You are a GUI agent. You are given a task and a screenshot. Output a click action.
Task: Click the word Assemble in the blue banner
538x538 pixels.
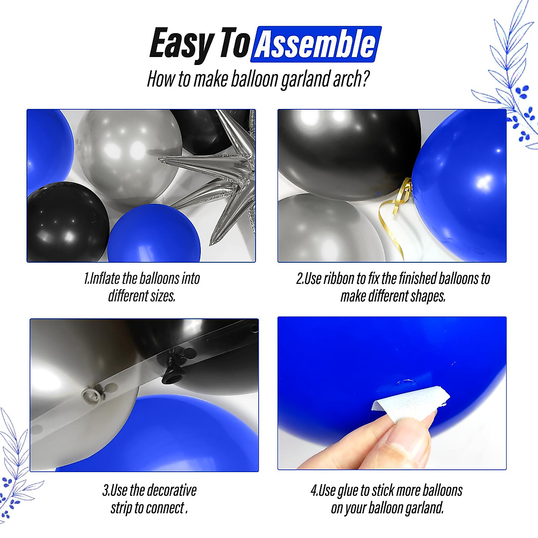click(x=317, y=44)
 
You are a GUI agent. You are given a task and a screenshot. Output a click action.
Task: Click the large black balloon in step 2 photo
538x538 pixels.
click(x=345, y=152)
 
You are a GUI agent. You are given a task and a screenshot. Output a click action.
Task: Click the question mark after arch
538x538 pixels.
click(x=365, y=79)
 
